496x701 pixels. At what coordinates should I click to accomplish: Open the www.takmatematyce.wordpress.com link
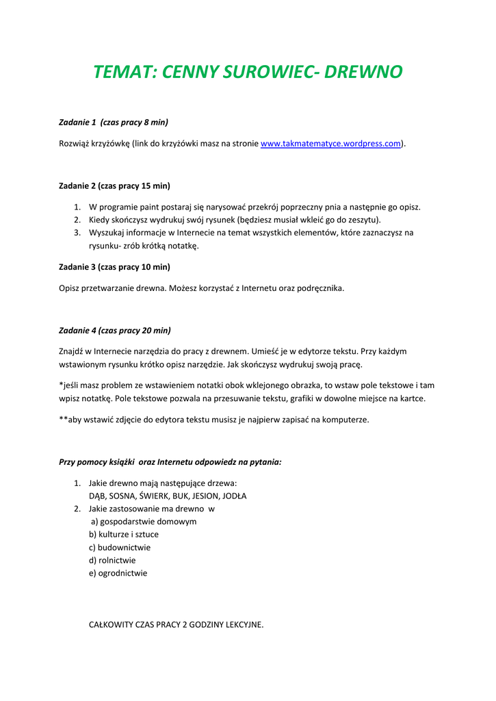tap(330, 144)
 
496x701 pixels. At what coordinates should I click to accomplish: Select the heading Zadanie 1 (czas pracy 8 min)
tap(114, 122)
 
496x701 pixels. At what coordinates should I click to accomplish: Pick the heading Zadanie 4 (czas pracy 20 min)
tap(115, 330)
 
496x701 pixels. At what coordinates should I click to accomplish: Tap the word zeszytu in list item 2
tap(363, 220)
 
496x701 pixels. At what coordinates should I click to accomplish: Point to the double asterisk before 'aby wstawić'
tap(63, 420)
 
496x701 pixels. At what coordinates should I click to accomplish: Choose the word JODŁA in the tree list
tap(233, 496)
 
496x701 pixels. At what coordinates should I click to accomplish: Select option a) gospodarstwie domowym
tap(144, 522)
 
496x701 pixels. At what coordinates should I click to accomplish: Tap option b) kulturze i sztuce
tap(124, 535)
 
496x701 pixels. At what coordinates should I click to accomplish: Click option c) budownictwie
tap(120, 548)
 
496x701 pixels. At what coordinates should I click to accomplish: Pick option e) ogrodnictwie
tap(118, 574)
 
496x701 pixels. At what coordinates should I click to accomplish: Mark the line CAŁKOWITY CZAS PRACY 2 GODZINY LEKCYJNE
tap(177, 624)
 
